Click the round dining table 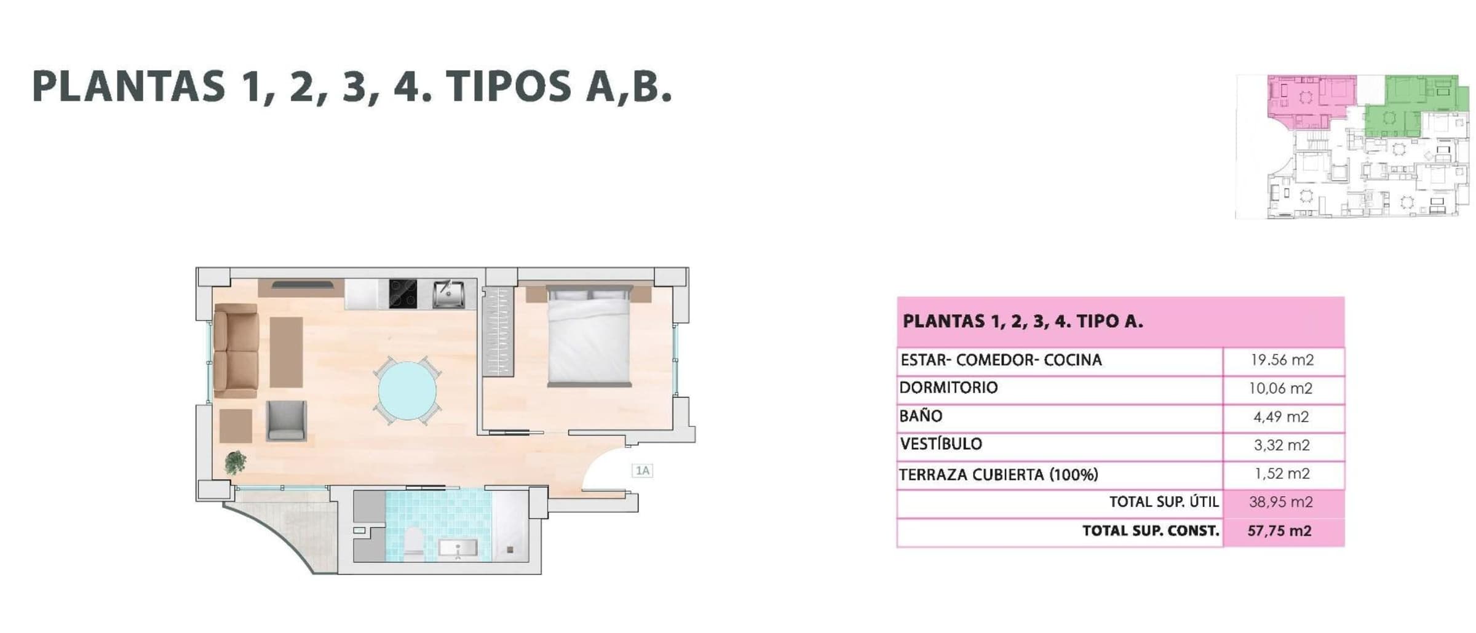click(407, 391)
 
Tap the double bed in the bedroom click(589, 336)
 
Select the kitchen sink click(448, 294)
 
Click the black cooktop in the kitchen click(403, 294)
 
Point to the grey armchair click(286, 421)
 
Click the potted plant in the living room click(235, 461)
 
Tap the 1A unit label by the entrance click(642, 471)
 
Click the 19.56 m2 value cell click(1282, 360)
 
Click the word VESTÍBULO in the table click(941, 444)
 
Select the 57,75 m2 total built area click(1279, 530)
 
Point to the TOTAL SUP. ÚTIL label click(1164, 502)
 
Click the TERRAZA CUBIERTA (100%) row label click(999, 474)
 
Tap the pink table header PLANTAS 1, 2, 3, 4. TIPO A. click(1023, 321)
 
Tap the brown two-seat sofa click(236, 350)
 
